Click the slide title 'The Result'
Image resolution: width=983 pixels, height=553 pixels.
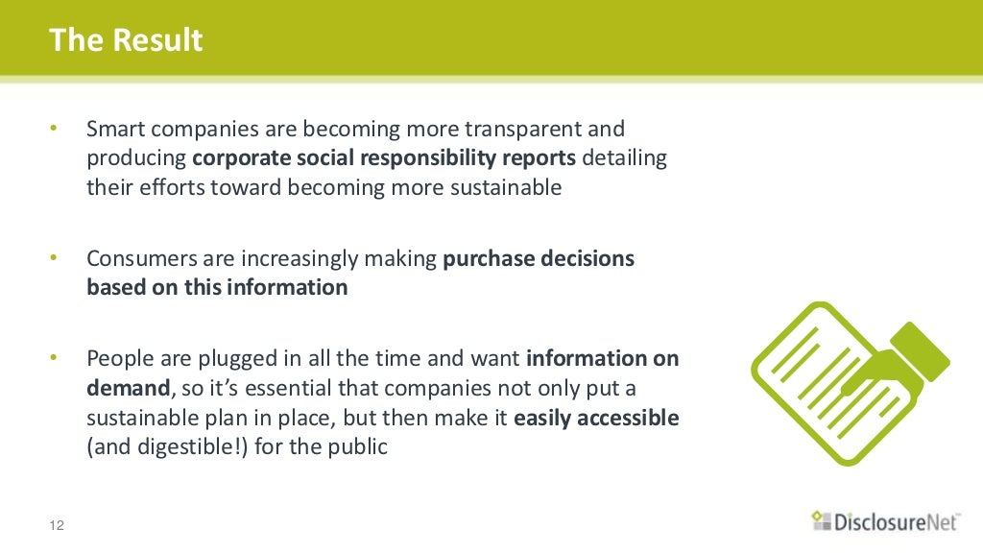(x=126, y=40)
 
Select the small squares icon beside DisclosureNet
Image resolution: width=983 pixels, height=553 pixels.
(x=819, y=519)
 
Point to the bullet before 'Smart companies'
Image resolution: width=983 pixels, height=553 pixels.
(x=55, y=129)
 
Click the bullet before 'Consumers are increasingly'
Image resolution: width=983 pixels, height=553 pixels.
(x=55, y=258)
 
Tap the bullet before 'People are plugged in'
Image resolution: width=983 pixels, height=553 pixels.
(x=55, y=359)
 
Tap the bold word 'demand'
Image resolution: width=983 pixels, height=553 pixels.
(x=129, y=389)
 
